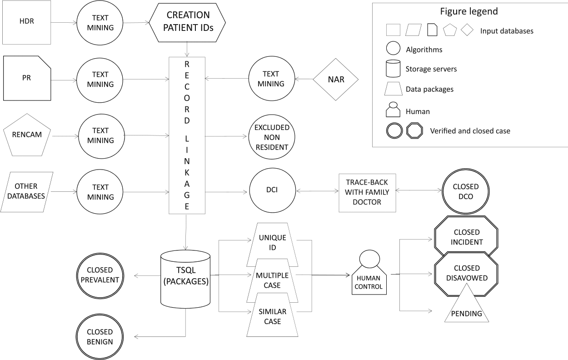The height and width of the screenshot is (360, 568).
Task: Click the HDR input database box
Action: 27,22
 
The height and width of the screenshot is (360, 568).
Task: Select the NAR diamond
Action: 336,80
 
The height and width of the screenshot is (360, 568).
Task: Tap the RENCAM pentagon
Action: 27,135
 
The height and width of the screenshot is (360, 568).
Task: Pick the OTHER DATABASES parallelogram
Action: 27,192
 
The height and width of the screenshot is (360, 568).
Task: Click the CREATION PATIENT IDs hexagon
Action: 187,23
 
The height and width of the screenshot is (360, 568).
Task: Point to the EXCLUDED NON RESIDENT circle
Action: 272,137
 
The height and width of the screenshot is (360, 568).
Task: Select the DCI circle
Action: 272,190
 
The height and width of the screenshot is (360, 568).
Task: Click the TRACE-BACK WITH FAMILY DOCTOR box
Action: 367,193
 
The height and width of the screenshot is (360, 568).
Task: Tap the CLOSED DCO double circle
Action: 466,191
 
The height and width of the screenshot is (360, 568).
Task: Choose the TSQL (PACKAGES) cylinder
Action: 185,279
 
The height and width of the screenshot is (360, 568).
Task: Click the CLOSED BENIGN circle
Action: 100,337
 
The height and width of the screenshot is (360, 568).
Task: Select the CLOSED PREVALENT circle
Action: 100,276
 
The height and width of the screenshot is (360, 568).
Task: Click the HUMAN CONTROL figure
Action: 369,273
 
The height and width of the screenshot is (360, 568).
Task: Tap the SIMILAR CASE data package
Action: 272,315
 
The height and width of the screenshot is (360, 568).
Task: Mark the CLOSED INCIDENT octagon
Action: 466,236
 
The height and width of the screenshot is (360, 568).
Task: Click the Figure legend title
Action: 469,11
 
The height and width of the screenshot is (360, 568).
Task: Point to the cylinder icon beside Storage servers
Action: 393,69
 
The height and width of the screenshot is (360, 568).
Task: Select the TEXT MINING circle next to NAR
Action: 272,79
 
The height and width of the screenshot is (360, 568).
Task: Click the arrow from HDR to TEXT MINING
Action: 64,23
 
